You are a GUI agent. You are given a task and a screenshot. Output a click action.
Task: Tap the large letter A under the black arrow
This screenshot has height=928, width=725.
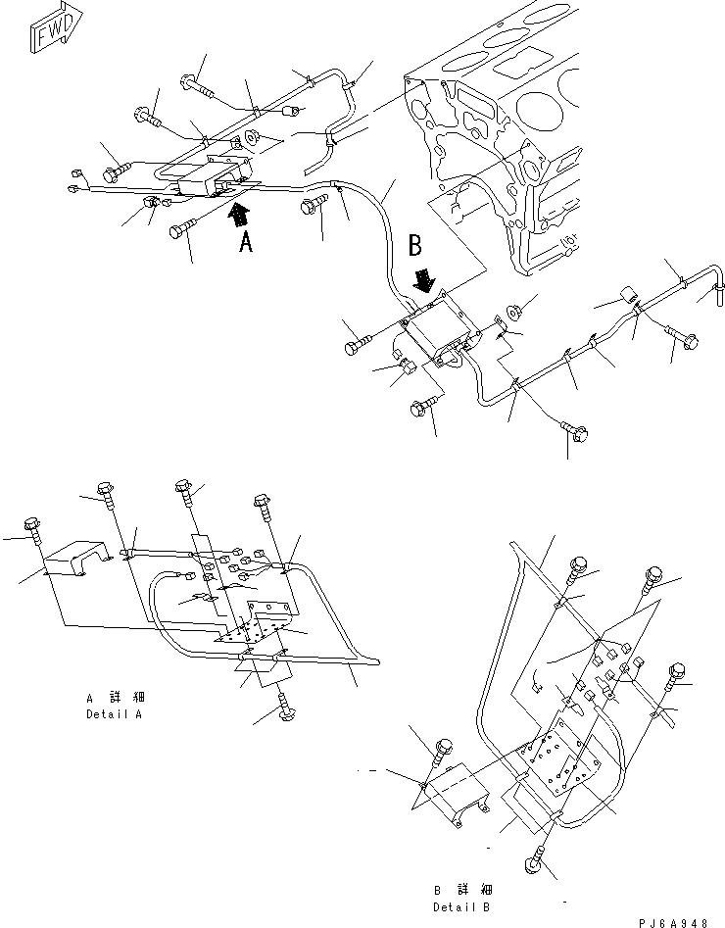point(246,241)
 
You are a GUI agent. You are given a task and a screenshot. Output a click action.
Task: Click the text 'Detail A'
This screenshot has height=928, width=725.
point(114,714)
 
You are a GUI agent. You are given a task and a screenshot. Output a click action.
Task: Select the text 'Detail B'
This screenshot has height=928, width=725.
point(462,907)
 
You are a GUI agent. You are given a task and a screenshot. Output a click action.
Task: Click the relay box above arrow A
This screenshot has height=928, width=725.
point(209,177)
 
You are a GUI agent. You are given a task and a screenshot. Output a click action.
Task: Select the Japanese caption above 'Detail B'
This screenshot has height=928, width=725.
point(462,890)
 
